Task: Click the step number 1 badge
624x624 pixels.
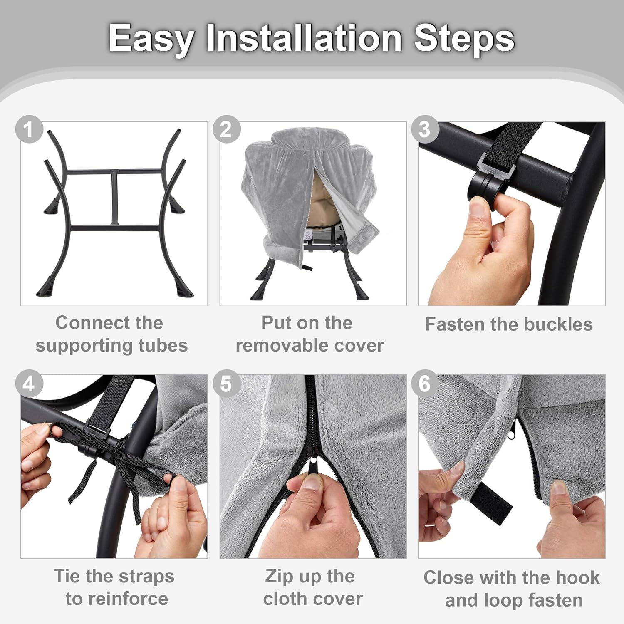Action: pos(29,129)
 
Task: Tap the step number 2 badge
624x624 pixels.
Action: pos(227,129)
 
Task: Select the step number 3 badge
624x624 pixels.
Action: pos(425,129)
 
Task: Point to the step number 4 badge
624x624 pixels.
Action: pos(29,383)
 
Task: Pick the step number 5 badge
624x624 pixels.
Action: pos(227,383)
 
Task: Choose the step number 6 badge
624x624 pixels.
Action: pos(425,383)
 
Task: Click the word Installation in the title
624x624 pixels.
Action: pos(304,38)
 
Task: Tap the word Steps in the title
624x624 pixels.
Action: pos(464,40)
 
